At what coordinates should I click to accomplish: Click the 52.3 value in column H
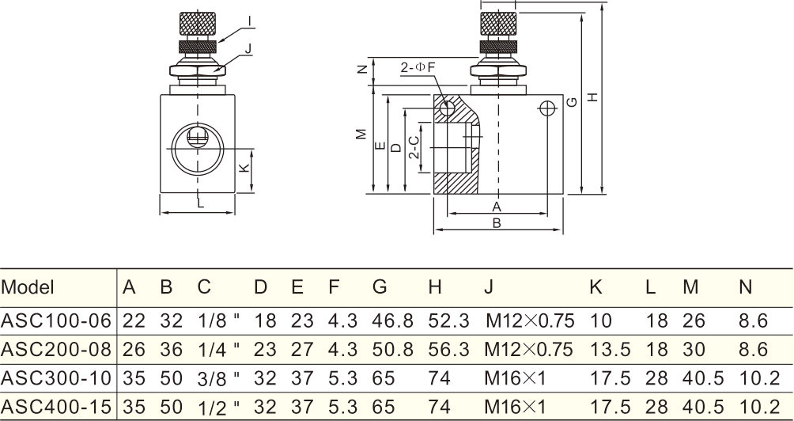448,320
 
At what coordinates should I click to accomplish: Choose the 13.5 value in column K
605,349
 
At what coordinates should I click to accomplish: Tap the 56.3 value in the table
448,349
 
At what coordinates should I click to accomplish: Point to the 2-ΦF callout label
418,68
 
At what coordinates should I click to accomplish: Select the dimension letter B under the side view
497,223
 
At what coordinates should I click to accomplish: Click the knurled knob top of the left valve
197,22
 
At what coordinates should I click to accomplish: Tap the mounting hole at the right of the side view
546,108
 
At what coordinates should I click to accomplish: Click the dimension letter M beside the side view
361,134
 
